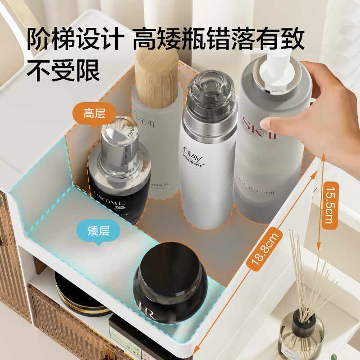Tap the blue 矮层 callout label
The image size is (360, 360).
pos(98,231)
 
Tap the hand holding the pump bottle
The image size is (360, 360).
pos(310,108)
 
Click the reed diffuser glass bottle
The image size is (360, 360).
pos(301,335)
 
